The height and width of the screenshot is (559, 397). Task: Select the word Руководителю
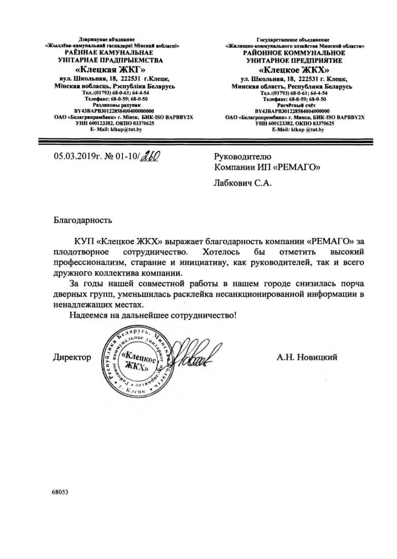click(x=243, y=156)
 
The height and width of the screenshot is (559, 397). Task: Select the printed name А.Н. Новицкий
click(x=307, y=357)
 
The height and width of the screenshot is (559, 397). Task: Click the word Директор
click(x=72, y=357)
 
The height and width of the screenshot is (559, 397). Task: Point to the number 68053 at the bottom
click(x=59, y=492)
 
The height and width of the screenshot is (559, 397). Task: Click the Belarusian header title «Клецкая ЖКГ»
click(x=111, y=69)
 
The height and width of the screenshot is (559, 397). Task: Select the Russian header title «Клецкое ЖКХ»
click(x=294, y=70)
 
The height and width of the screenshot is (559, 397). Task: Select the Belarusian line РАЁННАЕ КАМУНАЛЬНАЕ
click(x=111, y=53)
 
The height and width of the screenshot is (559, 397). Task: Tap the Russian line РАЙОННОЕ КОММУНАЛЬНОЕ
click(x=294, y=53)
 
